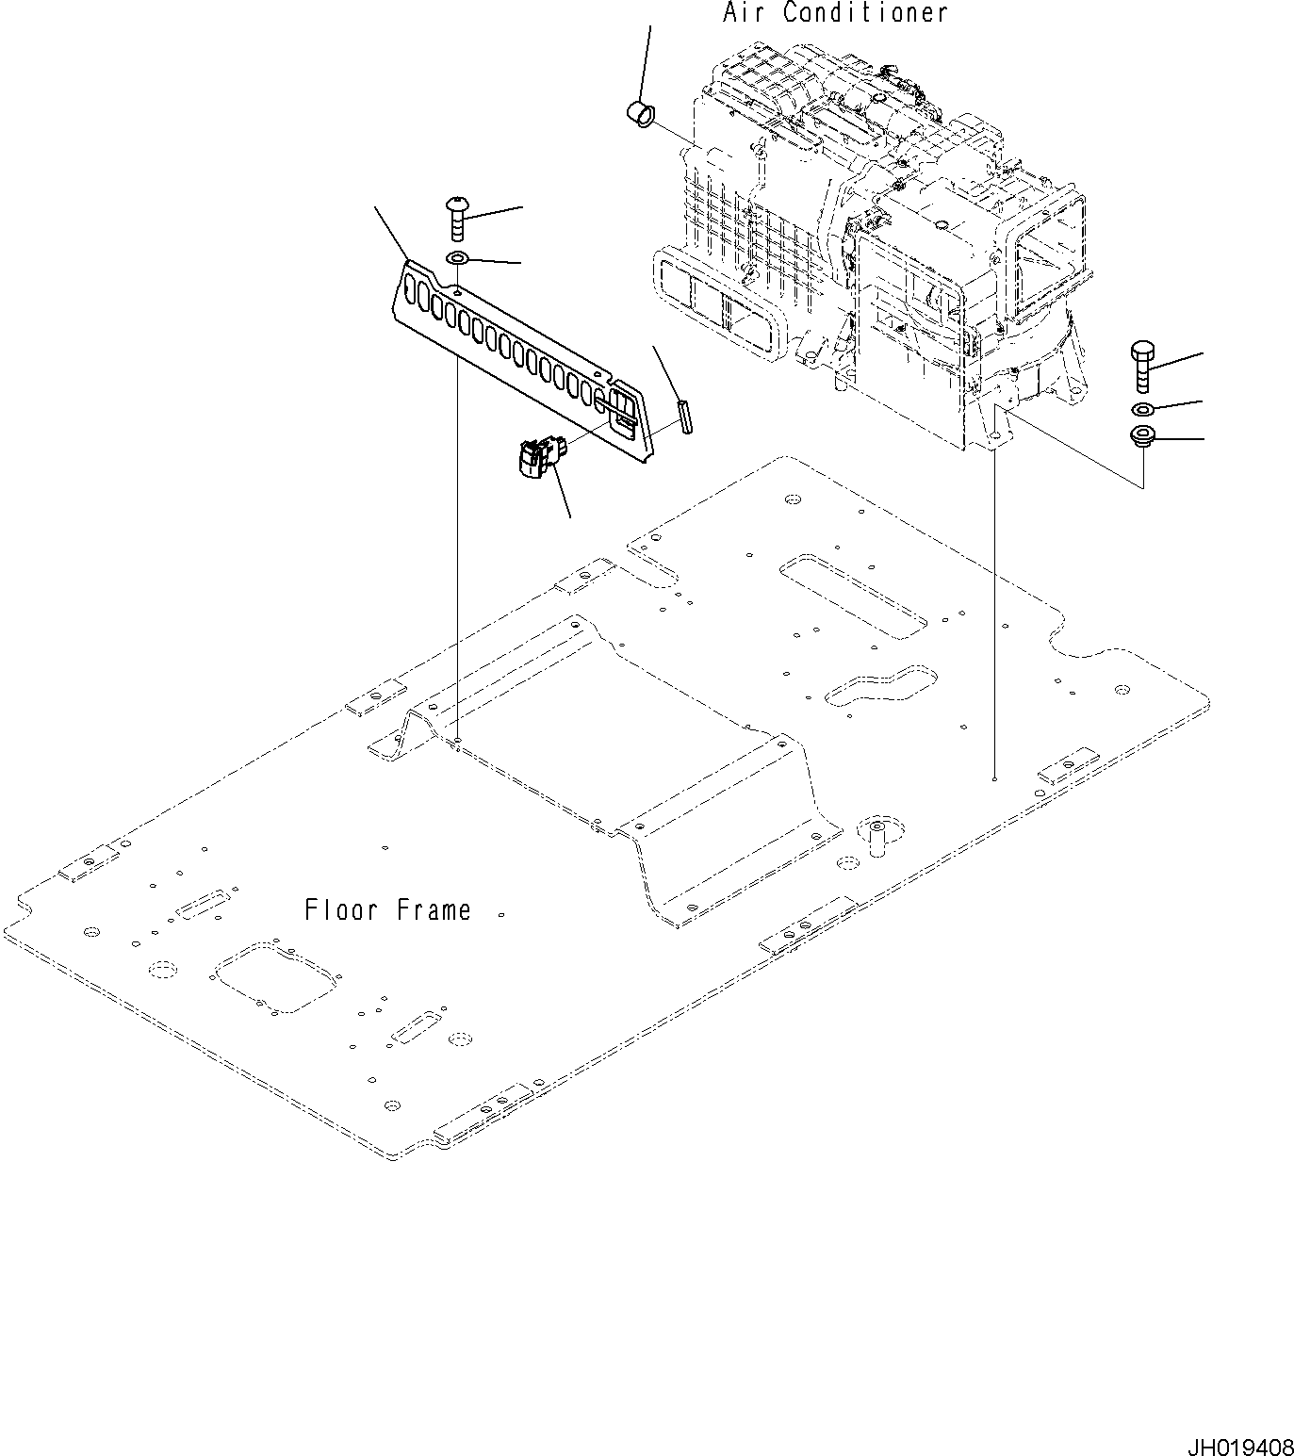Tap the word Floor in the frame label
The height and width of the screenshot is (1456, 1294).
[x=340, y=909]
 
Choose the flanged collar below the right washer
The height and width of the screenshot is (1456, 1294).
[x=1142, y=437]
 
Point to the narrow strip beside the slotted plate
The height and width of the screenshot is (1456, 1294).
[x=685, y=417]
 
